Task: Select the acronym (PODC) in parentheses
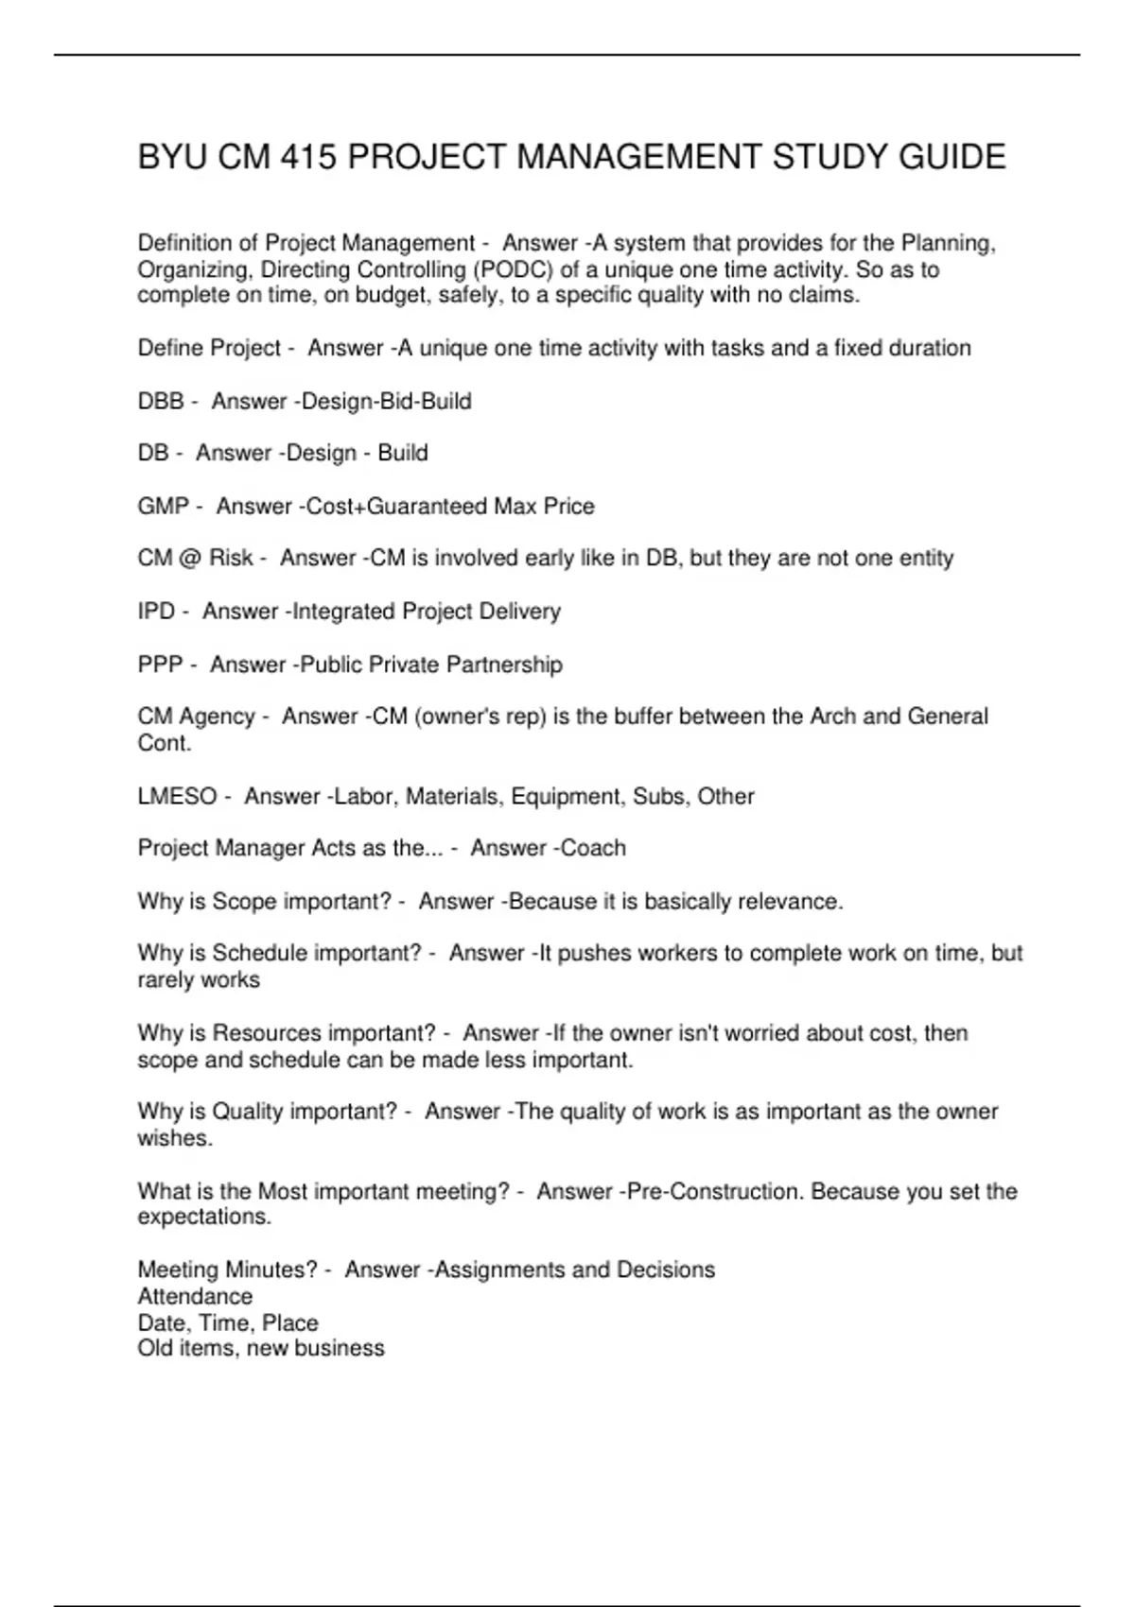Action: tap(517, 269)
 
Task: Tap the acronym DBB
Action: tap(161, 401)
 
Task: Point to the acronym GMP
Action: tap(164, 506)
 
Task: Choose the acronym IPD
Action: tap(156, 611)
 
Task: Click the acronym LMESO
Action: tap(177, 796)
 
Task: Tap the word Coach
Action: tap(593, 848)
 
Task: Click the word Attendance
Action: tap(195, 1296)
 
